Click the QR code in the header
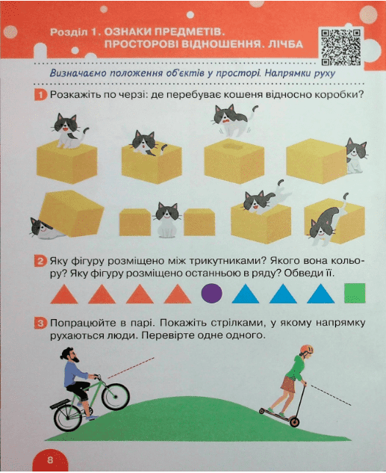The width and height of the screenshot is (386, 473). [x=340, y=47]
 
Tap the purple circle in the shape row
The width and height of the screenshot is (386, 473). [x=211, y=293]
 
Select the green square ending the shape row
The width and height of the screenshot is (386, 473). [x=355, y=293]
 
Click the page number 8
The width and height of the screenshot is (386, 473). [x=50, y=460]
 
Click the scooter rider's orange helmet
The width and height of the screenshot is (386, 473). [x=306, y=350]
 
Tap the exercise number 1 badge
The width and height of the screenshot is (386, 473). [x=40, y=96]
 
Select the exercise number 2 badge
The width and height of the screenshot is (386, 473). [x=40, y=262]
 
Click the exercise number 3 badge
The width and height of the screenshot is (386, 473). [x=40, y=324]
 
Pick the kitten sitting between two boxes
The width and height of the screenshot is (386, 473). [x=167, y=220]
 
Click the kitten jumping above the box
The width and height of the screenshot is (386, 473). [x=233, y=119]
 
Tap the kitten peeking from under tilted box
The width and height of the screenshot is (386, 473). [x=46, y=229]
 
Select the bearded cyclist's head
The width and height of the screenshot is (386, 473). [x=70, y=355]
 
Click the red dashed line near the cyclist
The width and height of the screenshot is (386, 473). [x=131, y=368]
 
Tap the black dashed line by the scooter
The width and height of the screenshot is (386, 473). [x=331, y=395]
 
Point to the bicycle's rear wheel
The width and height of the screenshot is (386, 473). [x=69, y=417]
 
